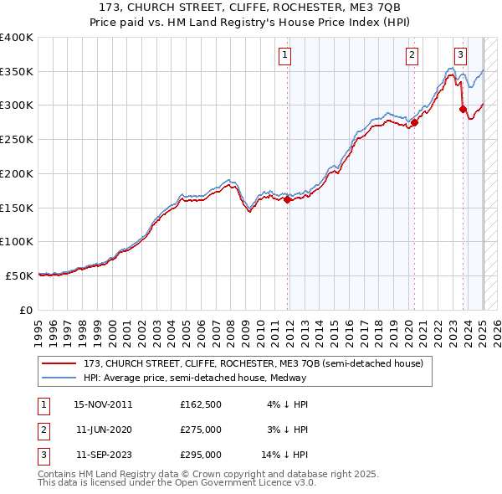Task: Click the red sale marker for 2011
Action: pyautogui.click(x=287, y=199)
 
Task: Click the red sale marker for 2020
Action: pyautogui.click(x=414, y=122)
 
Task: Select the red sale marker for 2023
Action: pyautogui.click(x=463, y=109)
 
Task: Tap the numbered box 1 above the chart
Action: pyautogui.click(x=285, y=56)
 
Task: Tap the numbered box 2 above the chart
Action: pyautogui.click(x=412, y=56)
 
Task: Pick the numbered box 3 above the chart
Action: pyautogui.click(x=460, y=56)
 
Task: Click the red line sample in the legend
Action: pyautogui.click(x=60, y=364)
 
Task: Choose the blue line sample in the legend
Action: pyautogui.click(x=60, y=378)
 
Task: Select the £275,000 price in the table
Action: pyautogui.click(x=201, y=430)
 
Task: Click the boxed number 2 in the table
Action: pyautogui.click(x=41, y=430)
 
